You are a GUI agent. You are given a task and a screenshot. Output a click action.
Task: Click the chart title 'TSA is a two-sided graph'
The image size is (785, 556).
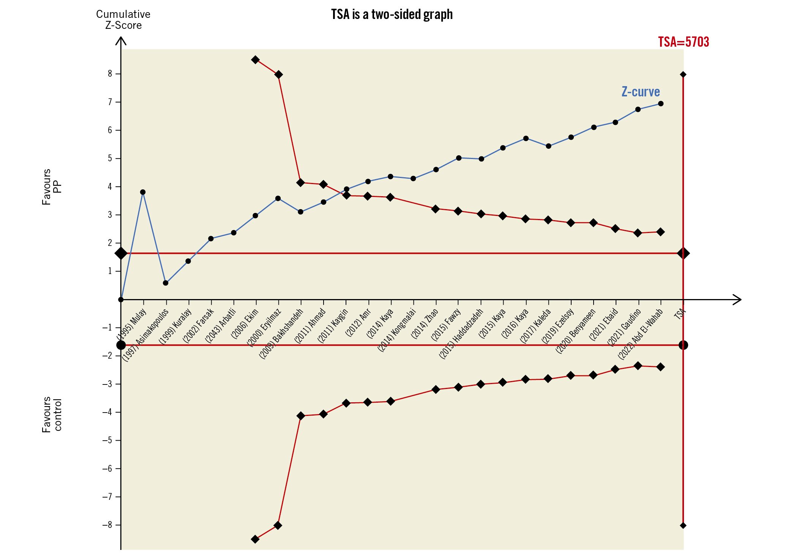tap(392, 14)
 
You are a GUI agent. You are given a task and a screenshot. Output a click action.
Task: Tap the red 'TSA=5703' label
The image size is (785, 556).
tap(683, 42)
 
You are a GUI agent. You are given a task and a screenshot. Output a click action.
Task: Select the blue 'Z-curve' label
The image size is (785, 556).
tap(640, 91)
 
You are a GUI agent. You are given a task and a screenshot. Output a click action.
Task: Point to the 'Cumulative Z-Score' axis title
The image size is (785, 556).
tap(123, 20)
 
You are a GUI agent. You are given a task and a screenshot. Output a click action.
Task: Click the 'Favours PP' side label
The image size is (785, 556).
tap(51, 187)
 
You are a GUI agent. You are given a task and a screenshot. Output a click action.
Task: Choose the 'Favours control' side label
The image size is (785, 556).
tap(51, 414)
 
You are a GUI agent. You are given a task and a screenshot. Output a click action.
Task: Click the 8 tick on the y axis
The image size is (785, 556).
tap(110, 74)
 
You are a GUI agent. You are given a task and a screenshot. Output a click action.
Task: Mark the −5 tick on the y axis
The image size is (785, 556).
tap(107, 440)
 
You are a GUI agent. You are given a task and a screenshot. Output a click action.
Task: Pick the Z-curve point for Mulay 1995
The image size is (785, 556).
tap(143, 192)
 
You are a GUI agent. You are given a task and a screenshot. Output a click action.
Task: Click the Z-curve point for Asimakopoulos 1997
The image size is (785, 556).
tap(166, 283)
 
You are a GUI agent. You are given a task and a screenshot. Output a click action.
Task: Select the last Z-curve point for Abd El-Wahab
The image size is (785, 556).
tap(661, 104)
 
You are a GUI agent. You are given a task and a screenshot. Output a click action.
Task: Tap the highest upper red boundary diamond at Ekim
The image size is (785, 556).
tap(255, 60)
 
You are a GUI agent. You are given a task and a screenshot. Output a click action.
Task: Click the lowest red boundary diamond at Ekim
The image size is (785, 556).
tap(255, 539)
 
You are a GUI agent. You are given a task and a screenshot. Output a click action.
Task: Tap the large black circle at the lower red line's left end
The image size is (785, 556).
tap(121, 345)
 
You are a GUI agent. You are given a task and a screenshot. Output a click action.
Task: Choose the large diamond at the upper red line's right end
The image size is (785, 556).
tap(683, 253)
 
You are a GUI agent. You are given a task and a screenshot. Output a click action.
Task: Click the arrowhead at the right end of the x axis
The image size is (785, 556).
tap(737, 299)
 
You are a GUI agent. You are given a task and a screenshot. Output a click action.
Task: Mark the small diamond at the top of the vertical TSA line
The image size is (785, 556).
tap(683, 74)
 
